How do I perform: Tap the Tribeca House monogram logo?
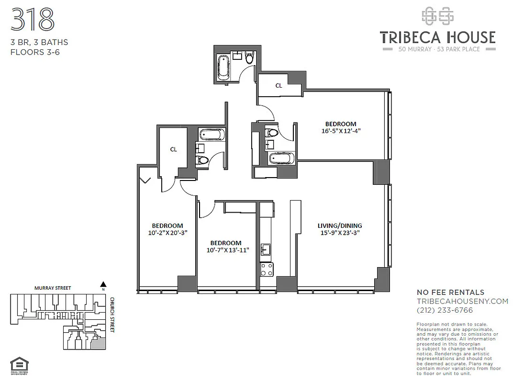[x=437, y=16]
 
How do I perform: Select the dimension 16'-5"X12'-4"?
[x=341, y=130]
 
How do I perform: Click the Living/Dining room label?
[x=340, y=225]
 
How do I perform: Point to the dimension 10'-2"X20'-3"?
[x=167, y=233]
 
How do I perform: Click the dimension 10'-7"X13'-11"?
[x=228, y=250]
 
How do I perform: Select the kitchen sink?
[x=266, y=249]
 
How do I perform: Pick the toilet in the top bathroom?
[x=249, y=58]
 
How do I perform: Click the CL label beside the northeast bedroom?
[x=279, y=86]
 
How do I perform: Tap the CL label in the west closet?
[x=173, y=149]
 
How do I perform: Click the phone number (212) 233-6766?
[x=445, y=310]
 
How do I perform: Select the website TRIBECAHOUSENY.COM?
[x=462, y=301]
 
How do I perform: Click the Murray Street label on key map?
[x=53, y=288]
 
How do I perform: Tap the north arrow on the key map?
[x=102, y=284]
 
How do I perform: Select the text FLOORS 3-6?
[x=35, y=52]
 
